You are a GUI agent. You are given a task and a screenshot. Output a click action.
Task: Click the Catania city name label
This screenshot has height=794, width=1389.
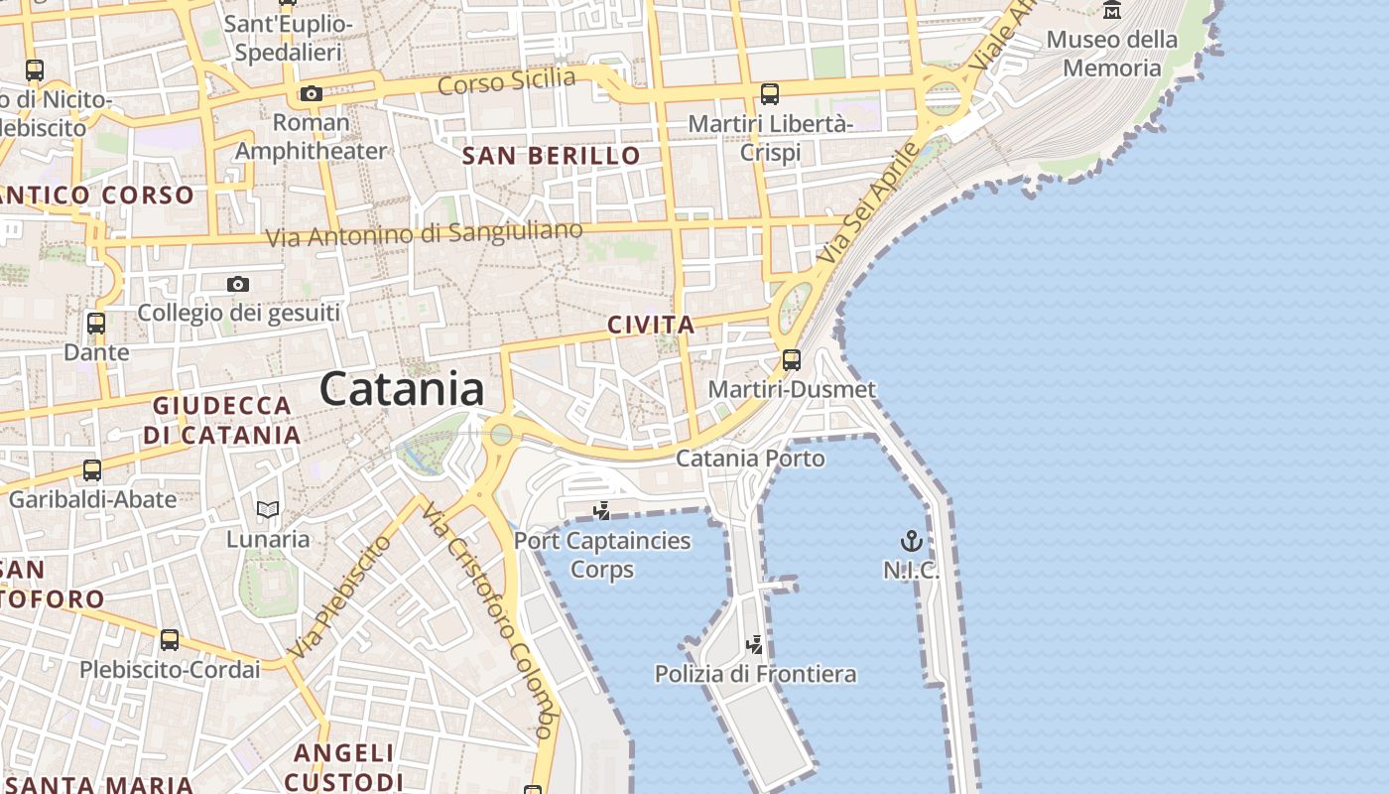click(402, 389)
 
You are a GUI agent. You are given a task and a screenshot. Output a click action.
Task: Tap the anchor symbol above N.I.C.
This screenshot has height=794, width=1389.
click(911, 541)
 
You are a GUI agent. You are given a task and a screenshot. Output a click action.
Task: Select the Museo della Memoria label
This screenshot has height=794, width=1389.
click(1112, 54)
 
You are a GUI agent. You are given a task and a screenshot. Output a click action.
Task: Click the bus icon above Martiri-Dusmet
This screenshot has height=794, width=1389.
click(792, 360)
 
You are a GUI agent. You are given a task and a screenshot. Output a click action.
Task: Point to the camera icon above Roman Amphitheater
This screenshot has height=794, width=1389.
click(312, 94)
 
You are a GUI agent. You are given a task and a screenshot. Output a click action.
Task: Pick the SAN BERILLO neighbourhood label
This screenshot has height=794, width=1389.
click(552, 156)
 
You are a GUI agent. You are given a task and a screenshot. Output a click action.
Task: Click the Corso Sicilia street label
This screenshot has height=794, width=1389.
click(506, 81)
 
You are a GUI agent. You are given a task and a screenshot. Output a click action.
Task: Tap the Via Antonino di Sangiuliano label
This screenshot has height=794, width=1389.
click(425, 234)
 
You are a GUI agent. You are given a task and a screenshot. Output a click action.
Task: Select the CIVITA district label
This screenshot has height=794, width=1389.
click(651, 325)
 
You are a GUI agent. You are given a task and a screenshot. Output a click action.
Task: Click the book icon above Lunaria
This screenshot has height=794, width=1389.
click(268, 510)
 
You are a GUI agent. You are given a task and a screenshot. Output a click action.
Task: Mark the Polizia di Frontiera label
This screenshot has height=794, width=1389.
click(755, 674)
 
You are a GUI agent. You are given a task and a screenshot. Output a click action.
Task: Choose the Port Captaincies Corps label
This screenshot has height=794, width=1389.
click(602, 555)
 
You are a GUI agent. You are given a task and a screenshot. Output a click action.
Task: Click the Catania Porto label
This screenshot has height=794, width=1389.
click(750, 459)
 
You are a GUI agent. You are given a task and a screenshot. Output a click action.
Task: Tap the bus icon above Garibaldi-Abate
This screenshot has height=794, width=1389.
click(92, 470)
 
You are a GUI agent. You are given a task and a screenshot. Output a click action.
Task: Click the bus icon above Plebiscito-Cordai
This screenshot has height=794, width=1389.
click(170, 640)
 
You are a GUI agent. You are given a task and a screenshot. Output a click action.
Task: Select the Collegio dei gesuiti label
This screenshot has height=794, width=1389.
click(238, 314)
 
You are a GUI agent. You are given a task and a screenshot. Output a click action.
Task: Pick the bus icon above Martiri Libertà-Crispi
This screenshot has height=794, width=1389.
click(770, 95)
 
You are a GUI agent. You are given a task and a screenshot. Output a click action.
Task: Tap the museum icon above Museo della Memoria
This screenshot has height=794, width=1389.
click(1112, 10)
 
